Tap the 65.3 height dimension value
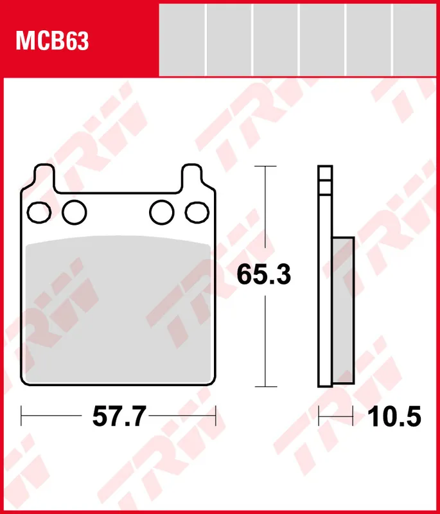264,275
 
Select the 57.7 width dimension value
119,416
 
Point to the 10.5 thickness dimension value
394,416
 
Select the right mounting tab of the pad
191,177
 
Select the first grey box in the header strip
182,39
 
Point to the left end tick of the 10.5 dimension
319,416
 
